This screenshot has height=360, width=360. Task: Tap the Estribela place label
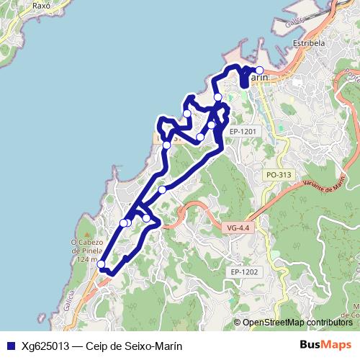[x=309, y=42]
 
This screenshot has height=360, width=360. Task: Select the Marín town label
[x=257, y=76]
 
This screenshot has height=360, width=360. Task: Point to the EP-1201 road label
[x=243, y=131]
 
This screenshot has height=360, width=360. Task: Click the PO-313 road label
[x=278, y=175]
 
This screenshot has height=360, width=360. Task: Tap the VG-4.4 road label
[x=237, y=228]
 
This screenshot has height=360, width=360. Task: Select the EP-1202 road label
[x=245, y=271]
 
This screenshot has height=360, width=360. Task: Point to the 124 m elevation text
[x=84, y=258]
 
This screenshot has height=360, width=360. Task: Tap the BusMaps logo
[x=325, y=345]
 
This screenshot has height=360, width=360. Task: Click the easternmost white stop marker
[x=260, y=71]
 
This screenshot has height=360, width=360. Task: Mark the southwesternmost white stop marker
[x=102, y=264]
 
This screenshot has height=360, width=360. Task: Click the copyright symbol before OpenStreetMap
[x=237, y=323]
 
